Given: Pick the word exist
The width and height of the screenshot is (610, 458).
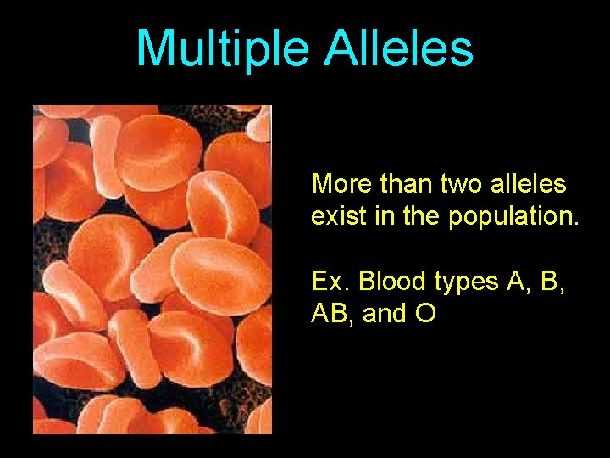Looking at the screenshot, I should click(x=336, y=215).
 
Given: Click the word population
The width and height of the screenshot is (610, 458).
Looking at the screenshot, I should click(x=513, y=217).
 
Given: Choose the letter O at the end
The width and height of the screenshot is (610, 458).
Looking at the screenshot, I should click(x=426, y=314).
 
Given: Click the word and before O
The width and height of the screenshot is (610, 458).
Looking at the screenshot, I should click(x=385, y=314).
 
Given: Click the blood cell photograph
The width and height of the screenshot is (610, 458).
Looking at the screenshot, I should click(x=152, y=270).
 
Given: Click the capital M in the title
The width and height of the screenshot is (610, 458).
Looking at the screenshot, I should click(x=154, y=49).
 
